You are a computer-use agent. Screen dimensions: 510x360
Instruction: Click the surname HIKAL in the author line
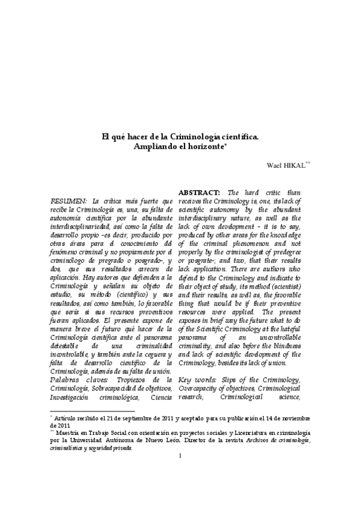coord(292,164)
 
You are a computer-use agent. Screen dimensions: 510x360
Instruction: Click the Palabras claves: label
coord(75,379)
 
